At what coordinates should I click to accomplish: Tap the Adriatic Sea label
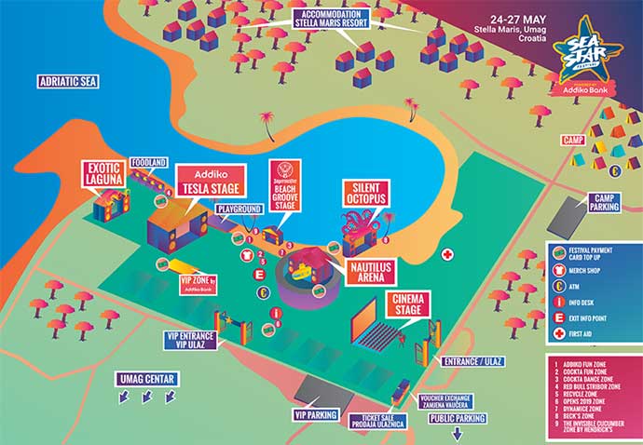pos(68,82)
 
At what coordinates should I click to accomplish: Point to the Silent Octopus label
pos(363,191)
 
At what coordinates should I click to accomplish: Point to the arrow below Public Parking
pos(457,435)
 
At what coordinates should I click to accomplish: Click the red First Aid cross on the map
pos(447,254)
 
